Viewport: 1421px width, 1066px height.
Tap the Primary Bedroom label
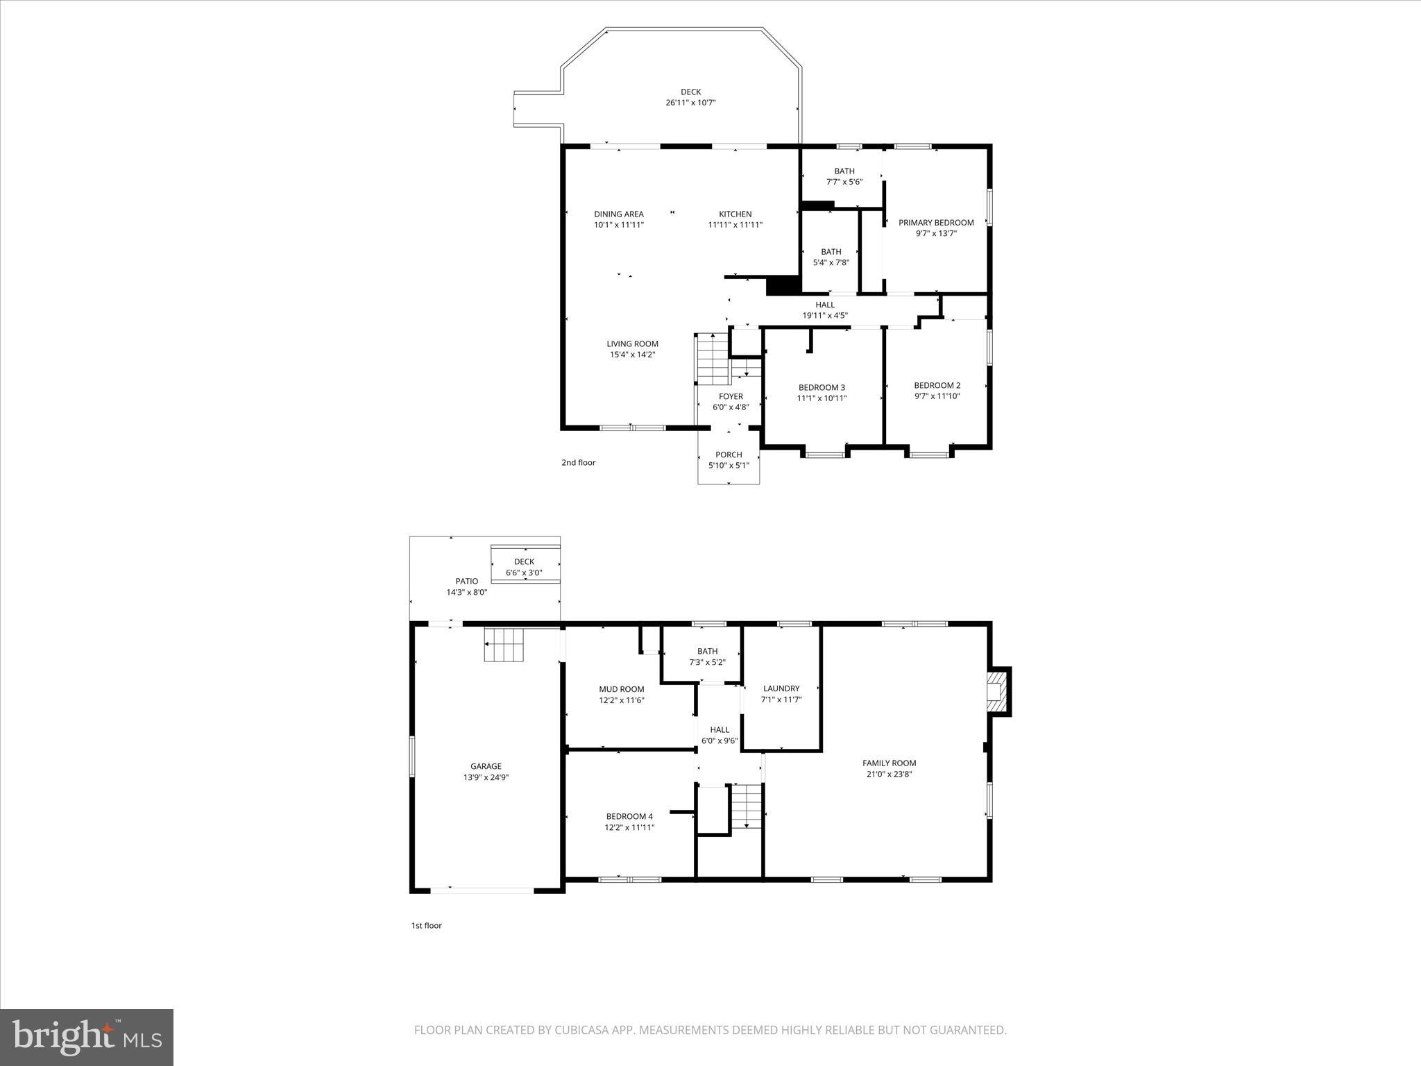click(x=936, y=223)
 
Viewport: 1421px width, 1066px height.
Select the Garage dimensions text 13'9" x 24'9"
click(x=486, y=777)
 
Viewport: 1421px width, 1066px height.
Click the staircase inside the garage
click(x=503, y=645)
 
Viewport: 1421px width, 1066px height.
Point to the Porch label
click(x=729, y=455)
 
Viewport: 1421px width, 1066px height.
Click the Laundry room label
click(x=781, y=688)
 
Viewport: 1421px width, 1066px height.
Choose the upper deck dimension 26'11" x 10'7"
click(x=690, y=103)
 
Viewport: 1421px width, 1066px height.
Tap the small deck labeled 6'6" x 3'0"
click(x=524, y=567)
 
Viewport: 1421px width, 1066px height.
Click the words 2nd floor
click(x=578, y=462)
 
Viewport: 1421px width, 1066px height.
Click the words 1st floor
click(x=426, y=925)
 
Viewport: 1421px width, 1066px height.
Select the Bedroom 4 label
click(x=629, y=816)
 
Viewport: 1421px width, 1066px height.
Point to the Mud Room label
click(x=622, y=689)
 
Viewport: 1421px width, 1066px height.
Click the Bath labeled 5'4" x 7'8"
click(x=831, y=257)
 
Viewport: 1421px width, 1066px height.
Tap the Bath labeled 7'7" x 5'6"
click(x=844, y=176)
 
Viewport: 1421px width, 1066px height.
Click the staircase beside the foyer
click(x=713, y=359)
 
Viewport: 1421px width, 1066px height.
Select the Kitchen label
click(x=735, y=214)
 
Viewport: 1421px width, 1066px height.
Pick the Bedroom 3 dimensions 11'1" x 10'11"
click(x=822, y=398)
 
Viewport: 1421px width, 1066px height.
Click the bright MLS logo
click(x=87, y=1036)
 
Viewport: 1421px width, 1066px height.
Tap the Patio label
click(x=466, y=582)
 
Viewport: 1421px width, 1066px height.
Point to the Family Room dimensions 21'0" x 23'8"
click(x=889, y=774)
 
